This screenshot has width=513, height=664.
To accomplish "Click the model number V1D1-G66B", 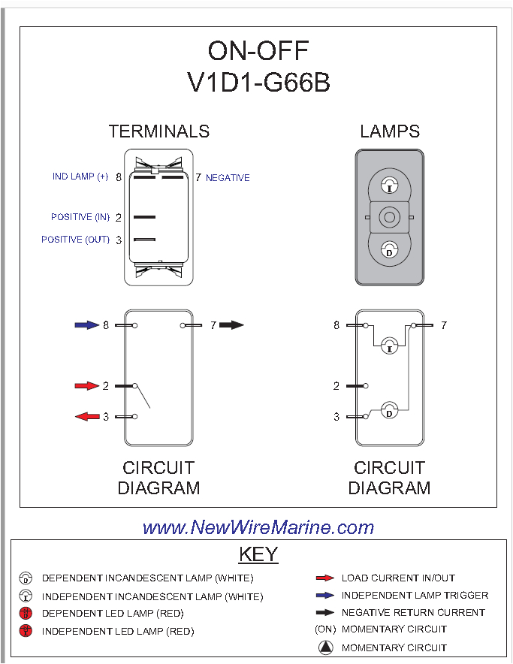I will click(x=258, y=82).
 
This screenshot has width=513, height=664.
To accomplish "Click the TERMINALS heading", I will click(x=158, y=131).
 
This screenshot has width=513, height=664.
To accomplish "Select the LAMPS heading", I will click(x=389, y=131).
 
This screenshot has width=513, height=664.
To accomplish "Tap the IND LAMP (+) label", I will click(x=80, y=177).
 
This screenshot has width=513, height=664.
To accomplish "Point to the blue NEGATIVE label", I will click(x=228, y=178).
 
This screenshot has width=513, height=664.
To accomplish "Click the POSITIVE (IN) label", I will click(x=80, y=217).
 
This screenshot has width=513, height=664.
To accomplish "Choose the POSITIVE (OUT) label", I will click(x=75, y=240).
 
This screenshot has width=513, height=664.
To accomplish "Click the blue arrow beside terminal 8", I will click(x=87, y=325).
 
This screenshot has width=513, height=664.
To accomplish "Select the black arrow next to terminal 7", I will click(x=232, y=325).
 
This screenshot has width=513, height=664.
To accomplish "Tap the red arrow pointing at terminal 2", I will click(x=87, y=386).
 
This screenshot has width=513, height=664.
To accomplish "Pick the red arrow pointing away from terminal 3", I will click(x=87, y=416).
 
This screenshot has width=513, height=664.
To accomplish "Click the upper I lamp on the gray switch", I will click(x=389, y=185).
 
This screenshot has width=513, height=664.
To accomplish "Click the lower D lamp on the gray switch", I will click(x=389, y=250).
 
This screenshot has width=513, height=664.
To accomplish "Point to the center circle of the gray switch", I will click(x=389, y=218).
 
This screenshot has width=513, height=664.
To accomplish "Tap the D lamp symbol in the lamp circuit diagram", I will click(x=389, y=411).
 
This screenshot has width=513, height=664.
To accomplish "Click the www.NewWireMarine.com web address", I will click(x=258, y=527).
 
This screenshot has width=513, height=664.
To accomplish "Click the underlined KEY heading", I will click(x=258, y=554).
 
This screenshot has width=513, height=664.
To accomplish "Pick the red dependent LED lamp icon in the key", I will click(x=26, y=614).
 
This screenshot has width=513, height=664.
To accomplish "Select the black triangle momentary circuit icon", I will click(x=324, y=647).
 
